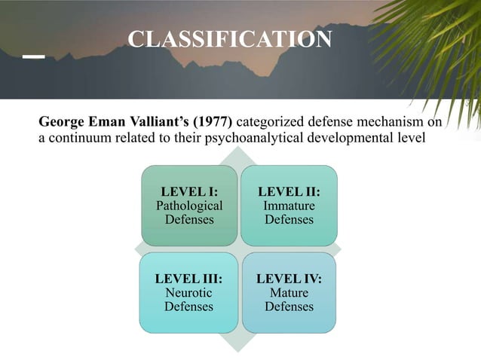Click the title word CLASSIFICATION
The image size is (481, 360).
pyautogui.click(x=229, y=39)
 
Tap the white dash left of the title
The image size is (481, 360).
pyautogui.click(x=33, y=56)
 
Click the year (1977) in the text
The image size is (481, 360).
pyautogui.click(x=216, y=122)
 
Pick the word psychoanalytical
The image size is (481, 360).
pyautogui.click(x=279, y=138)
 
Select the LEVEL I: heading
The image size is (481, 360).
pyautogui.click(x=188, y=192)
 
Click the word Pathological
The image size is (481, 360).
pyautogui.click(x=188, y=206)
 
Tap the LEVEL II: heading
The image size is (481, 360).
pyautogui.click(x=289, y=192)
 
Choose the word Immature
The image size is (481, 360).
pyautogui.click(x=289, y=206)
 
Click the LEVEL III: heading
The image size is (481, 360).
pyautogui.click(x=188, y=279)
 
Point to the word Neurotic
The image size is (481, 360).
pyautogui.click(x=188, y=292)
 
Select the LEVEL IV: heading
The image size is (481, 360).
pyautogui.click(x=289, y=279)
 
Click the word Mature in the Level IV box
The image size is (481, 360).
pyautogui.click(x=289, y=292)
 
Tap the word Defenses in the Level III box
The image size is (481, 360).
pyautogui.click(x=188, y=307)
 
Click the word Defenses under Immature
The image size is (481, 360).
pyautogui.click(x=289, y=220)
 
